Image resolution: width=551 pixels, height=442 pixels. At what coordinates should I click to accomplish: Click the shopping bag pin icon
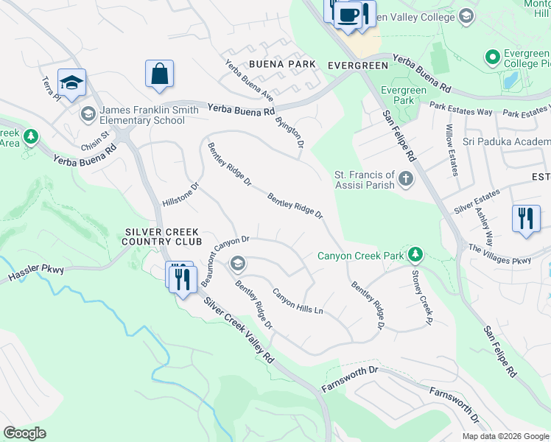[159, 74]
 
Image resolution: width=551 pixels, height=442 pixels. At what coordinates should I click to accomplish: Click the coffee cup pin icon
[348, 16]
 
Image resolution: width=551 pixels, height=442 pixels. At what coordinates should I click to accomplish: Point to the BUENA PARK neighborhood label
[271, 65]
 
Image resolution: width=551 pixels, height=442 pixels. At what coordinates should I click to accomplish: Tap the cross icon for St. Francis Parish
[405, 179]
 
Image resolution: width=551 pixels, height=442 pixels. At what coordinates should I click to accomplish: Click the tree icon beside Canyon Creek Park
[416, 256]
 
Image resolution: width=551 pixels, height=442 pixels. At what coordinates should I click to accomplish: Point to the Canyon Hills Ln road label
[298, 301]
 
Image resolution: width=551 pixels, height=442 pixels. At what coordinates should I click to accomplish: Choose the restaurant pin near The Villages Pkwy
[525, 219]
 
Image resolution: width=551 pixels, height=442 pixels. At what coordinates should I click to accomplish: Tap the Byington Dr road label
[289, 132]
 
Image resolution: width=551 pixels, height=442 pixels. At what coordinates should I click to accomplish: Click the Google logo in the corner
[24, 433]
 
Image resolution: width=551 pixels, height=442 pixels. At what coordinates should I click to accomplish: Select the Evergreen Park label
[403, 95]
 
